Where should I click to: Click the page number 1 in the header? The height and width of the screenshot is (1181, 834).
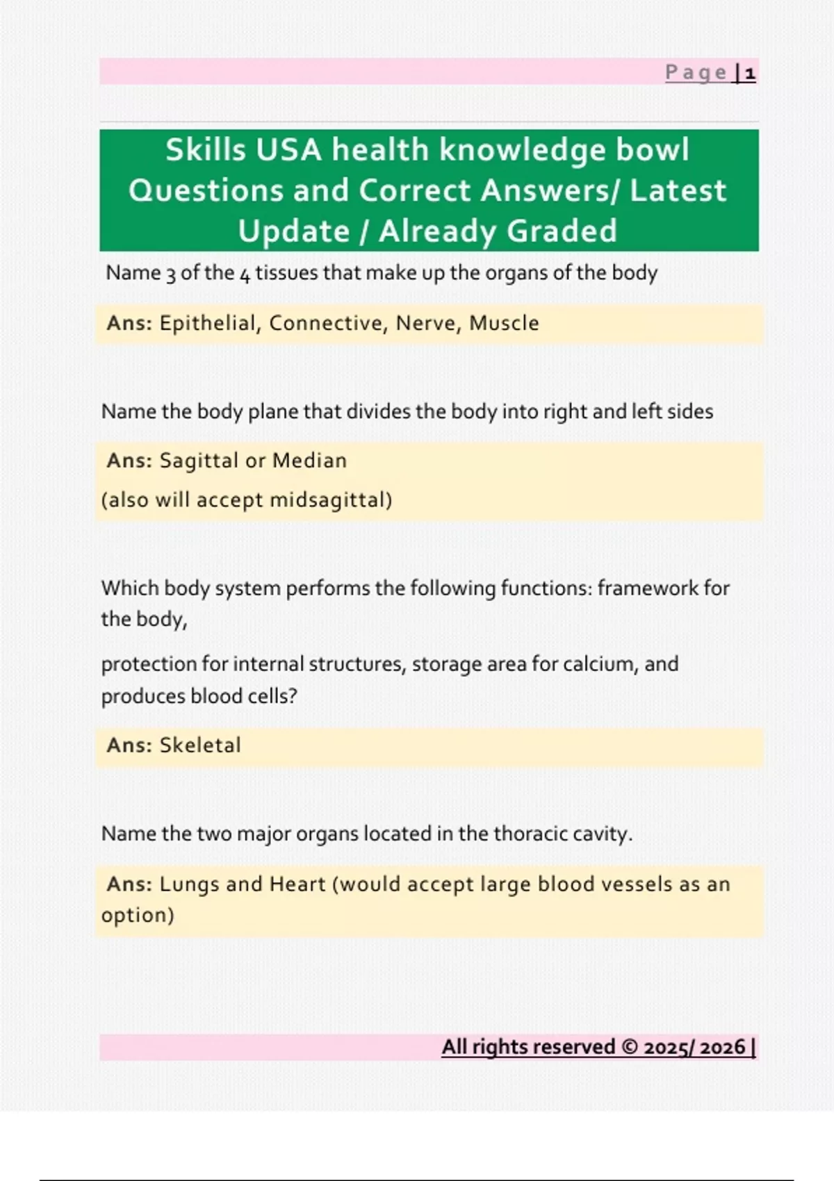click(x=750, y=73)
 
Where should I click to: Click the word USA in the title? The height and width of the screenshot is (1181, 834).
click(x=288, y=150)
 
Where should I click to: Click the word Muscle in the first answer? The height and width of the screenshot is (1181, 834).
click(x=504, y=323)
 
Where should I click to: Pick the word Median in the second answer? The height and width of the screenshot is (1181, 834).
click(x=309, y=461)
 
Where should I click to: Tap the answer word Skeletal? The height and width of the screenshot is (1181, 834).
click(x=200, y=745)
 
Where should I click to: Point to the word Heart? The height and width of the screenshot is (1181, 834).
click(x=297, y=884)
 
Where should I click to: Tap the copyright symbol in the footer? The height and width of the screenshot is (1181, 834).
click(x=630, y=1047)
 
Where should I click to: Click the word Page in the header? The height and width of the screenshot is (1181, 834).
click(x=696, y=73)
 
